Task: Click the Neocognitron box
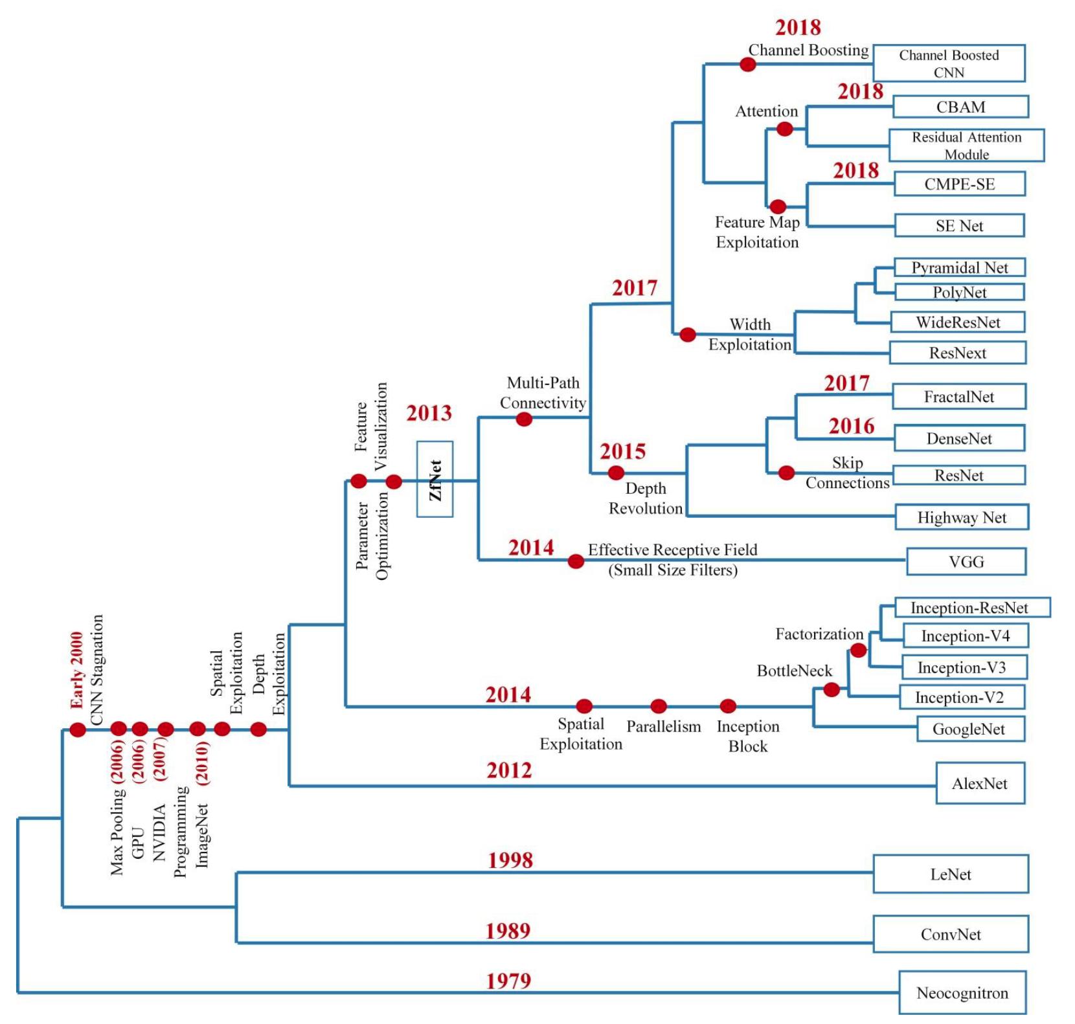(962, 992)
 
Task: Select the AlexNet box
(980, 783)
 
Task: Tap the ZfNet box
(435, 479)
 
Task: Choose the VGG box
(966, 561)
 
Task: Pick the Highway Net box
(961, 517)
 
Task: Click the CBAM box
(960, 107)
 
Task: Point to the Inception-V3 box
(961, 667)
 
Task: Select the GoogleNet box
(968, 729)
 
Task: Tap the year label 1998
(510, 860)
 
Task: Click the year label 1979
(509, 981)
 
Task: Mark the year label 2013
(429, 413)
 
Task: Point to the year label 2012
(509, 770)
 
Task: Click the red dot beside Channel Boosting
(748, 64)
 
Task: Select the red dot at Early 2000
(78, 730)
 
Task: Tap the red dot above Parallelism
(659, 706)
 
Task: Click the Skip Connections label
(847, 473)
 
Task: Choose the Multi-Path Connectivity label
(543, 393)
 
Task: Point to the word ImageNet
(202, 835)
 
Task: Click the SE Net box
(959, 226)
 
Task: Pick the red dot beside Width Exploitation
(687, 335)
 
